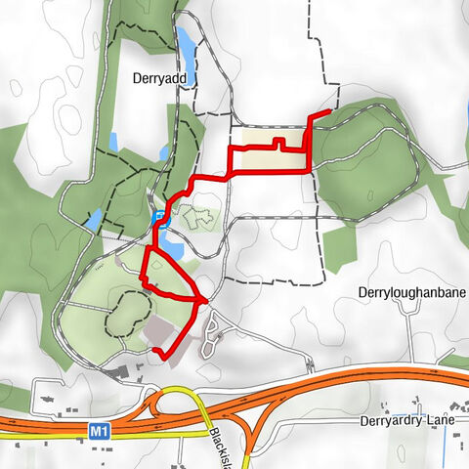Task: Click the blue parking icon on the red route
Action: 158,217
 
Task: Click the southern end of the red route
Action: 156,351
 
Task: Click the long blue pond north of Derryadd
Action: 184,41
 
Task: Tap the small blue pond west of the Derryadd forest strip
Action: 114,143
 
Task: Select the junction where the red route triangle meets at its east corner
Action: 203,300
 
